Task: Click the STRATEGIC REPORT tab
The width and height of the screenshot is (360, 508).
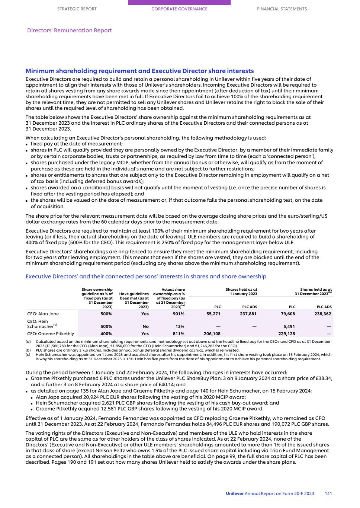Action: coord(77,9)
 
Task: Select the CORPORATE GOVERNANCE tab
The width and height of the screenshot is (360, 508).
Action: coord(179,9)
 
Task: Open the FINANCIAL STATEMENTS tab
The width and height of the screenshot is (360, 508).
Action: coord(282,9)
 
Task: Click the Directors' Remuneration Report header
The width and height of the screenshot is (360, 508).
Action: coord(69,31)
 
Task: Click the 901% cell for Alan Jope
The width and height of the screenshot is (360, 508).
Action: coord(178,314)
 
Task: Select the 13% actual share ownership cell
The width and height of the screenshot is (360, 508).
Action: coord(180,326)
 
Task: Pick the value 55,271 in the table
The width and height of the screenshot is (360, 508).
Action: coord(213,314)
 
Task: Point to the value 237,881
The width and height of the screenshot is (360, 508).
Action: coord(248,314)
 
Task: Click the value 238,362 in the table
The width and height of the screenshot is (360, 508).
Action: coord(323,314)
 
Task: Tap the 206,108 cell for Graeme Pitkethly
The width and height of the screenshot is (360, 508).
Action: coord(212,334)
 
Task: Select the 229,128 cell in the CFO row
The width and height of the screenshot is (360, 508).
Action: coord(286,334)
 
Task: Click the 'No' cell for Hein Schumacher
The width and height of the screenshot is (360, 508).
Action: coord(145,326)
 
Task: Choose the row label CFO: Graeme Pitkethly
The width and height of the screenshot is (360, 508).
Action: coord(51,334)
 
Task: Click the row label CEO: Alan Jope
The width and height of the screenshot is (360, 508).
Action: coord(43,314)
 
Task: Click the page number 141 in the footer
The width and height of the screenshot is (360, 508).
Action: coord(328,493)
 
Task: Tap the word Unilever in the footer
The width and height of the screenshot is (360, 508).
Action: coord(235,493)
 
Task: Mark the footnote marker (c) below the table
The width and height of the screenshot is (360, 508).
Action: coord(28,355)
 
